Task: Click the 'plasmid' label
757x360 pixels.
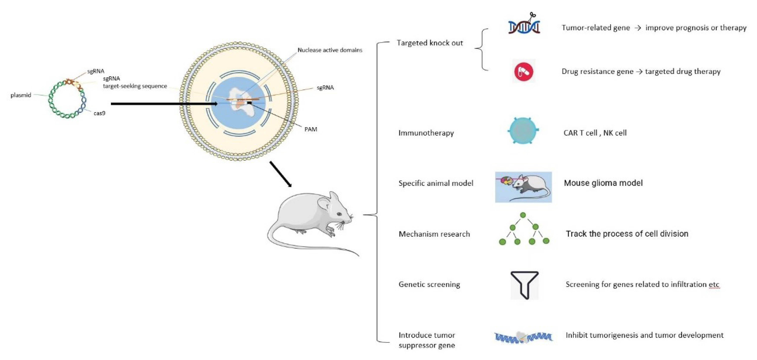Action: (x=21, y=95)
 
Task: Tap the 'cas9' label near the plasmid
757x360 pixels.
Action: (x=99, y=113)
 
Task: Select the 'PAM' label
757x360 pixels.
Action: (x=311, y=129)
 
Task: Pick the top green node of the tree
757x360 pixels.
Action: (x=523, y=215)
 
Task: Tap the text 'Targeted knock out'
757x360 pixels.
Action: (x=430, y=43)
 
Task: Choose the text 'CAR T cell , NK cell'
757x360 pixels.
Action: (x=595, y=133)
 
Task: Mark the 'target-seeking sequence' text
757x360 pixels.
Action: (x=135, y=86)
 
